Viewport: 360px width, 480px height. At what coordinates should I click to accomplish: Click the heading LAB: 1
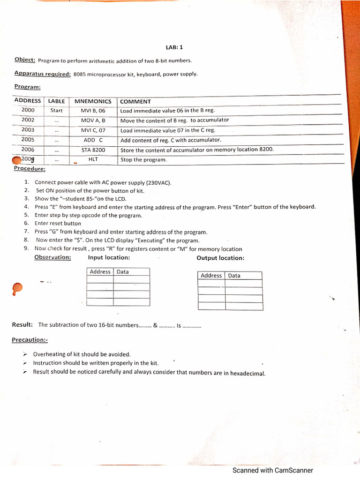[173, 47]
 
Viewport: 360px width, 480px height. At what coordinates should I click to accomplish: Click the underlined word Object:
[25, 60]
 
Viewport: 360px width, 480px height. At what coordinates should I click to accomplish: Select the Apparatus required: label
[42, 74]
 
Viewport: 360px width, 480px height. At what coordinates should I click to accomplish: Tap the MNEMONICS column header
[92, 101]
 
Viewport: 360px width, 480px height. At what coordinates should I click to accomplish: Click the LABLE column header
[56, 101]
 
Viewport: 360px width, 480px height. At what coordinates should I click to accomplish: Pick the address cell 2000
[28, 110]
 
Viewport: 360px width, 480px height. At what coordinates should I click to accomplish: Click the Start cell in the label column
[56, 111]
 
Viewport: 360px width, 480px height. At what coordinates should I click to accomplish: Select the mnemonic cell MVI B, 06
[93, 111]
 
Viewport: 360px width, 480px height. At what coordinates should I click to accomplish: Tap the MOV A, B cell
[93, 120]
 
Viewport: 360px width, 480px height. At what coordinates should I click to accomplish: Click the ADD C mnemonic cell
[93, 140]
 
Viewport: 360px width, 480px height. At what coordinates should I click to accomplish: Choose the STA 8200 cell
[93, 150]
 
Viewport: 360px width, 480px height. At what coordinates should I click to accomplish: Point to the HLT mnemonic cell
[93, 159]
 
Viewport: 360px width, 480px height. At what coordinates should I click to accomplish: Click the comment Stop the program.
[143, 160]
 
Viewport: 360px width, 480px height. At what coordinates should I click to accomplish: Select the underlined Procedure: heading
[30, 169]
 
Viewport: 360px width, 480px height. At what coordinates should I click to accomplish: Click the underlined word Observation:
[52, 257]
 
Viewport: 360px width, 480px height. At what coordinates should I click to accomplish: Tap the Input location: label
[109, 257]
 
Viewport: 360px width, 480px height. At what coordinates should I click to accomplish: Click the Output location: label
[220, 258]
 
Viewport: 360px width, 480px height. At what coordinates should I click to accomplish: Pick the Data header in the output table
[234, 276]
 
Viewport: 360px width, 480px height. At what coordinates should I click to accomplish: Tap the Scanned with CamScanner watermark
[273, 470]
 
